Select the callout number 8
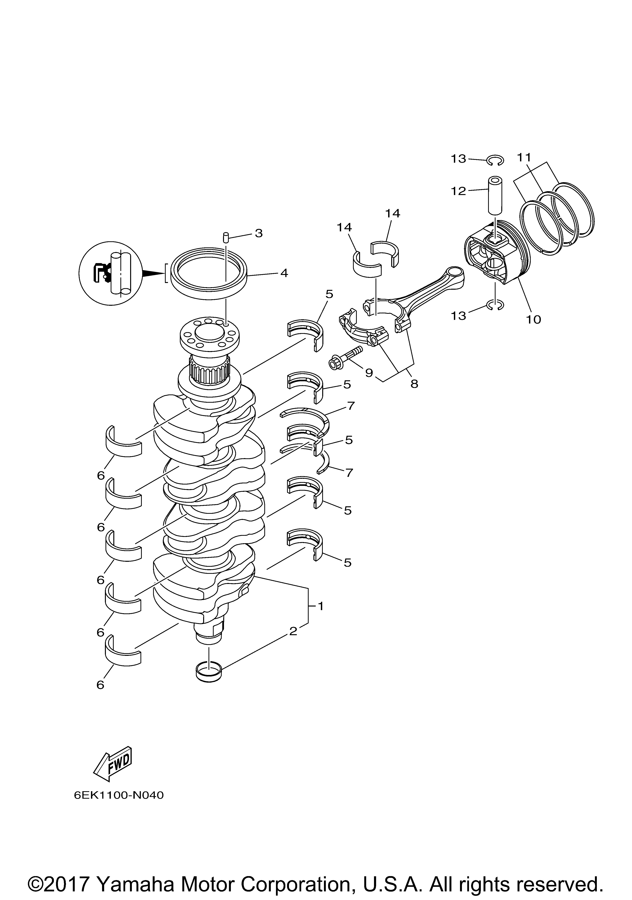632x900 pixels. (414, 384)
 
